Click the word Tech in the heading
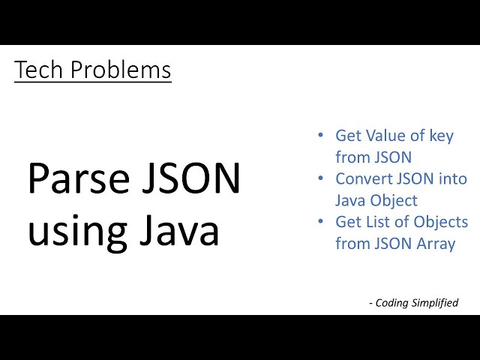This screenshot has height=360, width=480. tap(34, 70)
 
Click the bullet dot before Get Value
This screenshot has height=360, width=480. tap(321, 136)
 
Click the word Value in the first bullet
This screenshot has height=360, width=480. tap(383, 136)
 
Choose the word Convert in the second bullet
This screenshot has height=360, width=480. tap(365, 179)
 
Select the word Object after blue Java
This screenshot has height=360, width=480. tap(395, 201)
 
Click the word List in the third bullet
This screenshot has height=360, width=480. tap(377, 223)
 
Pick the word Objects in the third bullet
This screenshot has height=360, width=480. tap(442, 223)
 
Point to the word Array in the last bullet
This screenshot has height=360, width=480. tap(435, 244)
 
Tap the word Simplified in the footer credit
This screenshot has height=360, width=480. tap(436, 303)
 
